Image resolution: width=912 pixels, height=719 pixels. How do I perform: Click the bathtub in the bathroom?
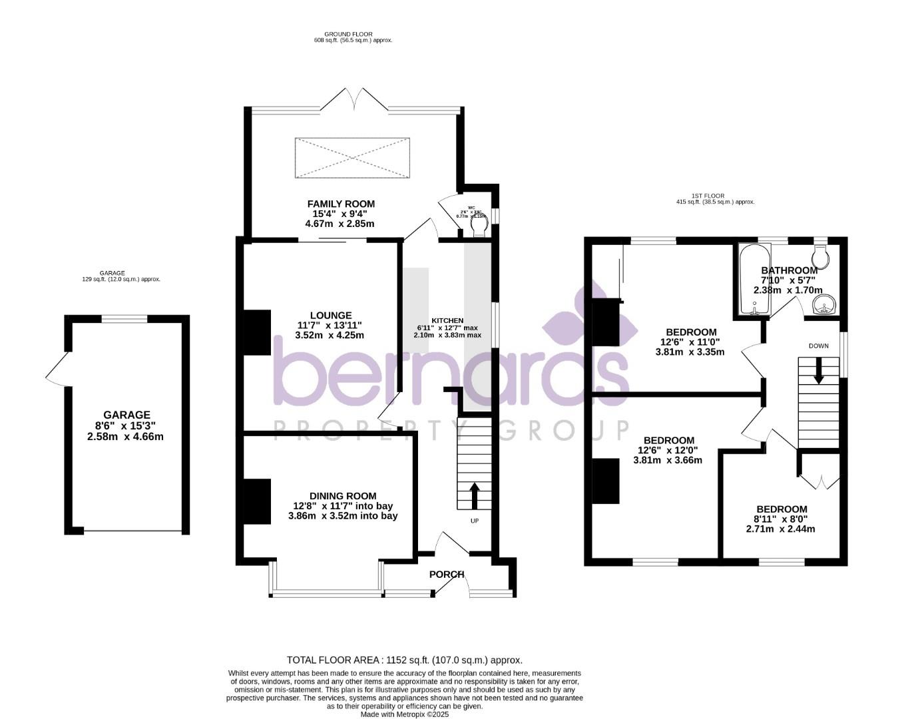754,280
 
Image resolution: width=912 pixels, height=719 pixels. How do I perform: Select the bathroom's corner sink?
825,306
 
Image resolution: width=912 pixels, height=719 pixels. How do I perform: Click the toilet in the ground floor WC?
478,228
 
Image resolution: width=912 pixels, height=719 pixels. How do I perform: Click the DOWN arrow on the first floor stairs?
819,370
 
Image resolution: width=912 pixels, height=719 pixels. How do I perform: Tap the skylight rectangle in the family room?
351,158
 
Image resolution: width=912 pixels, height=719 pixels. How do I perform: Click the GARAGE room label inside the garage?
126,415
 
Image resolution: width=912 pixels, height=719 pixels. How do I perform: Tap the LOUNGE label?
330,316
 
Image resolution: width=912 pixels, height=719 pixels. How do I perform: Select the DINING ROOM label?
343,496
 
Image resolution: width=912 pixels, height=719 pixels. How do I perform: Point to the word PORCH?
446,575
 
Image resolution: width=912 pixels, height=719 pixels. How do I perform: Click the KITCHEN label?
447,321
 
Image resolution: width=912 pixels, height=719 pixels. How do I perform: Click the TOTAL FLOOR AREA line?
404,660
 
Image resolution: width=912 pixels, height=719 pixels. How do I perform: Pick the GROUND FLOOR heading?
348,34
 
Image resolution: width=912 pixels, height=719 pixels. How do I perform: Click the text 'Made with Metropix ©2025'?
405,714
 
